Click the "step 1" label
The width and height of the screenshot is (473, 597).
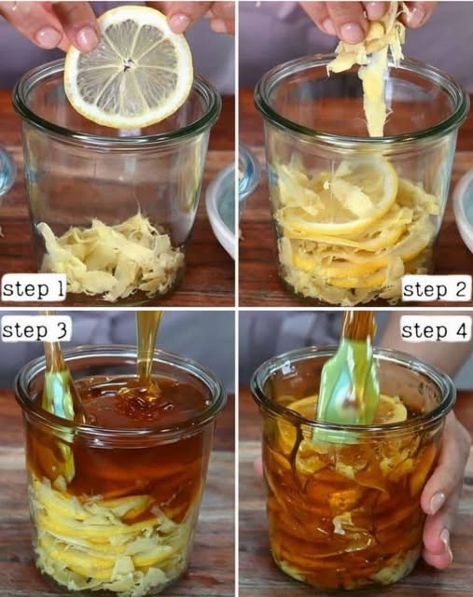[34, 289]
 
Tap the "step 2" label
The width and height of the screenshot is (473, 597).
[435, 289]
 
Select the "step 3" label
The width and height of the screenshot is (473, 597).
[35, 330]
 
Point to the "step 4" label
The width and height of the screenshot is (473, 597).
[434, 330]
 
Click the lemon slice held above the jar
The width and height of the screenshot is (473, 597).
[129, 66]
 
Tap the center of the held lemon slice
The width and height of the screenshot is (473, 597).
[128, 67]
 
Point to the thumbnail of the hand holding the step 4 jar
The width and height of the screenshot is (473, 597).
[437, 503]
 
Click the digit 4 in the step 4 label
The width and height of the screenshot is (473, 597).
[461, 330]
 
